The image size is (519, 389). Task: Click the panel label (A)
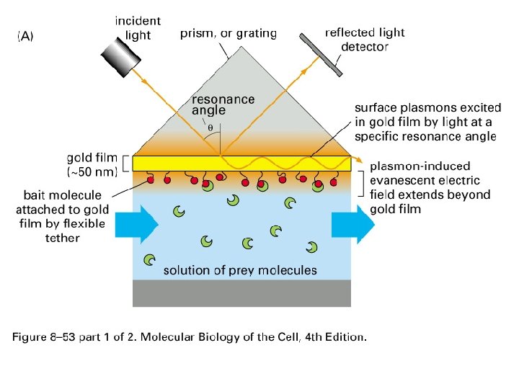click(x=25, y=37)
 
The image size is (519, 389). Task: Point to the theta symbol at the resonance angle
click(x=210, y=128)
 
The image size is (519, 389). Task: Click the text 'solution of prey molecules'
click(x=240, y=271)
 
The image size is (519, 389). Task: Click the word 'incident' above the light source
click(x=138, y=22)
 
